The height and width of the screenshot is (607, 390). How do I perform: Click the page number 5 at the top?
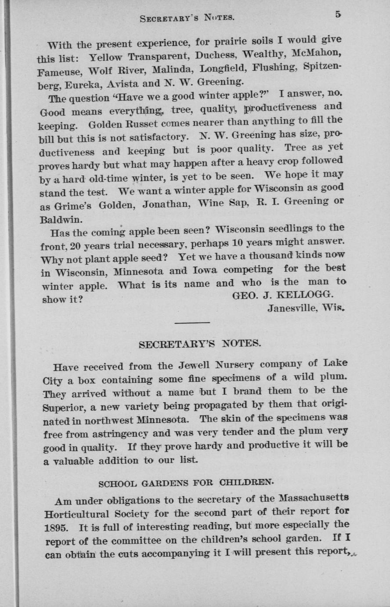(x=337, y=14)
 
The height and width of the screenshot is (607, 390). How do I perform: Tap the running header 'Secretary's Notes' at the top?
(x=187, y=18)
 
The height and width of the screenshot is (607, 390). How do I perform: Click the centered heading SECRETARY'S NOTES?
(x=200, y=344)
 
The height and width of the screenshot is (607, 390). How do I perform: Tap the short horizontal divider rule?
(x=192, y=324)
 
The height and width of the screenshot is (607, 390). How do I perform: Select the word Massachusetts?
(x=313, y=498)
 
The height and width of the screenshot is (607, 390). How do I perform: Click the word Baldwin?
(x=55, y=219)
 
